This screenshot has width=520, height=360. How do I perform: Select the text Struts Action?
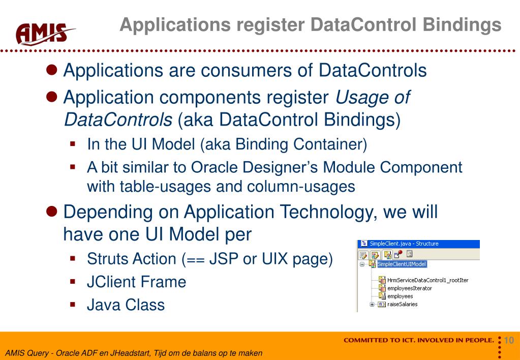click(x=132, y=258)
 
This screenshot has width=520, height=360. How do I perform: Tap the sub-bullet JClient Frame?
click(x=137, y=282)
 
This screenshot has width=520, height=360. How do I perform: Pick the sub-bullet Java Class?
click(x=126, y=305)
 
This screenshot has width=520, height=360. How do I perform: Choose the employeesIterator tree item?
click(x=409, y=288)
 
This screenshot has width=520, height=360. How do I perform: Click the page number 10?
click(x=509, y=340)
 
